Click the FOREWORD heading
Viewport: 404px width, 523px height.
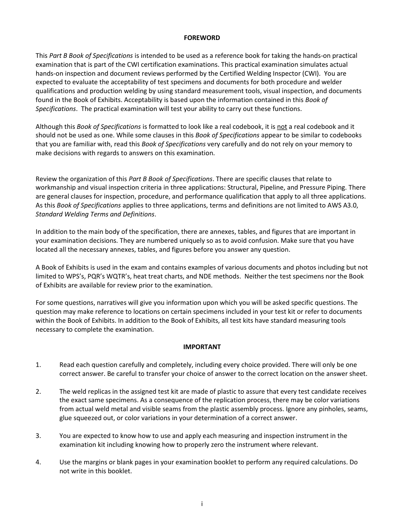coord(202,38)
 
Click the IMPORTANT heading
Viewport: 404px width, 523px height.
coord(202,347)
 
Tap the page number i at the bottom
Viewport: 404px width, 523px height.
coord(202,504)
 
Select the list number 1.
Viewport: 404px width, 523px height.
coord(38,365)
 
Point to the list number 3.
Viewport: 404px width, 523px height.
coord(38,436)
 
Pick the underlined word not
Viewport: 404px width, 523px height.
coord(282,127)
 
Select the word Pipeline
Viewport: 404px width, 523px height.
coord(270,188)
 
